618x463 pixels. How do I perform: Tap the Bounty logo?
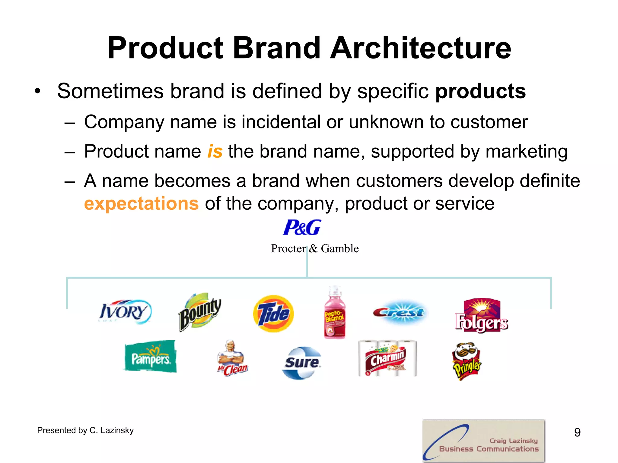pos(200,312)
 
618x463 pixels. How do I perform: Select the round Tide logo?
pos(273,313)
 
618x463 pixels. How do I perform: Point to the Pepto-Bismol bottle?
pos(335,313)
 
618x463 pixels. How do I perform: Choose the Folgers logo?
pos(482,316)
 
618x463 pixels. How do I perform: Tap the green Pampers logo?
pos(150,357)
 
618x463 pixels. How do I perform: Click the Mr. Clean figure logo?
pos(232,359)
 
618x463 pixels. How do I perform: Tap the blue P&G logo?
pos(302,228)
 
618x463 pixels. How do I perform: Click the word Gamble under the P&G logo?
pos(340,249)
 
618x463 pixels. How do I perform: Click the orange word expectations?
pos(141,204)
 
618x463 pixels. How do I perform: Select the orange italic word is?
pos(215,151)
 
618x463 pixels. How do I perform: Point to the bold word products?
pos(480,91)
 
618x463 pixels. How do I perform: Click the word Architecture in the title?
pos(421,48)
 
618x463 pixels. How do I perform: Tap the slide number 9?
pos(577,432)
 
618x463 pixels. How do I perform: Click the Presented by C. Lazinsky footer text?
pos(85,430)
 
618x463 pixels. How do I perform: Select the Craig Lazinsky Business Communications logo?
pos(483,441)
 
